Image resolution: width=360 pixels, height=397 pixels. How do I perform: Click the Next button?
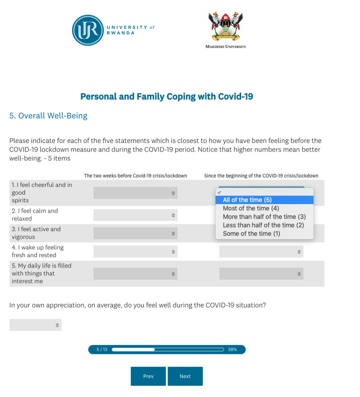[185, 376]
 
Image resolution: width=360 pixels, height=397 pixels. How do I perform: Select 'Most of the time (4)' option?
[251, 208]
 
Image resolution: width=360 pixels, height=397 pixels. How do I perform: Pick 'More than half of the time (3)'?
[264, 217]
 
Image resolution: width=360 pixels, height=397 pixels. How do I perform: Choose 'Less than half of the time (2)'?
[263, 225]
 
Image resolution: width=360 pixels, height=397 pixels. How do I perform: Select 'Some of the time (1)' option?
[251, 234]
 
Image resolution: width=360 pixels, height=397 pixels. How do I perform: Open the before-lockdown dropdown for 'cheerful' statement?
[135, 193]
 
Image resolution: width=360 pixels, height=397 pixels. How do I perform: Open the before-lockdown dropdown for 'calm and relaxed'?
[135, 215]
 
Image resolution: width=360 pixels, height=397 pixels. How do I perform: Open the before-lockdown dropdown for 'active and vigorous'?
[135, 233]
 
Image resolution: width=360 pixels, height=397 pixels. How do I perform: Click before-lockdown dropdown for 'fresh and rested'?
[135, 251]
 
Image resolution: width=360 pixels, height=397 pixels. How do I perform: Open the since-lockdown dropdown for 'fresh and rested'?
[261, 251]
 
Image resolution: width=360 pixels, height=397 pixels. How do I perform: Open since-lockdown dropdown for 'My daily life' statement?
[261, 273]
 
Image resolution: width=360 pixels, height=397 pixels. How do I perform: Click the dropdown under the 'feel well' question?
[36, 325]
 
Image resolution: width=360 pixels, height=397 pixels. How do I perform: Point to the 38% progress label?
[232, 349]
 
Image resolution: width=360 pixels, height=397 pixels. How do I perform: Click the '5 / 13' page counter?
[102, 349]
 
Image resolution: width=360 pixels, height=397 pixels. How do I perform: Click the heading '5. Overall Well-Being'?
[48, 116]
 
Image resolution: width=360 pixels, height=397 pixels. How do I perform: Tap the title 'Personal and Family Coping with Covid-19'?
[166, 96]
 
